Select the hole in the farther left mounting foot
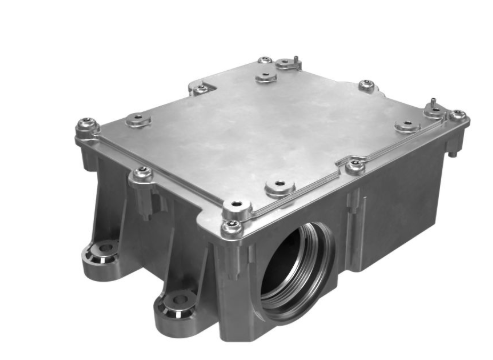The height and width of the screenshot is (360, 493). click(102, 247)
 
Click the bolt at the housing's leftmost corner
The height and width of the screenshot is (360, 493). click(85, 127)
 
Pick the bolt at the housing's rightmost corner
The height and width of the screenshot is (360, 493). click(457, 116)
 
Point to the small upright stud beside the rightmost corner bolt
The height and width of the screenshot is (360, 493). click(432, 103)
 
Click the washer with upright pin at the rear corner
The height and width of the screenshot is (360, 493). click(288, 63)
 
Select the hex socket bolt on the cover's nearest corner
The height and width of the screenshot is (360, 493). click(236, 207)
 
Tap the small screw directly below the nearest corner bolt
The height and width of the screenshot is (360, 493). click(232, 228)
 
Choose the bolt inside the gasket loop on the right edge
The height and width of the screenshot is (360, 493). click(355, 163)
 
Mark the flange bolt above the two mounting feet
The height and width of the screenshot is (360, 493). click(143, 173)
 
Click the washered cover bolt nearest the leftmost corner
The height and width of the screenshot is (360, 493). click(135, 120)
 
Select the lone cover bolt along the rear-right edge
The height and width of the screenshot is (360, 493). click(366, 86)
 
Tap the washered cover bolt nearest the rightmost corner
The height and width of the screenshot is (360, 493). click(407, 126)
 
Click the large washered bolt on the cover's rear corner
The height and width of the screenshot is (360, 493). click(264, 76)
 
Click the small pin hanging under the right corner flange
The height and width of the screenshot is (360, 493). click(455, 150)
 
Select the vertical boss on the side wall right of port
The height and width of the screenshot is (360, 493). click(353, 205)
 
